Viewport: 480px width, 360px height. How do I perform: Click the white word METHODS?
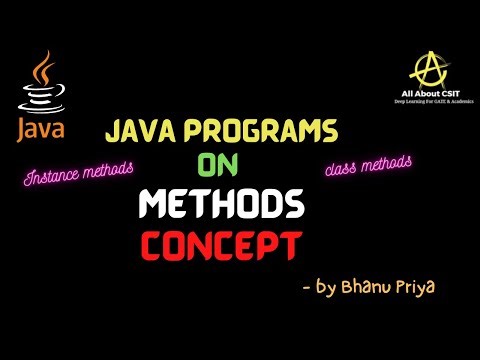tap(221, 205)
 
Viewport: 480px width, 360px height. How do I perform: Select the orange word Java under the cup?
tap(38, 130)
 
